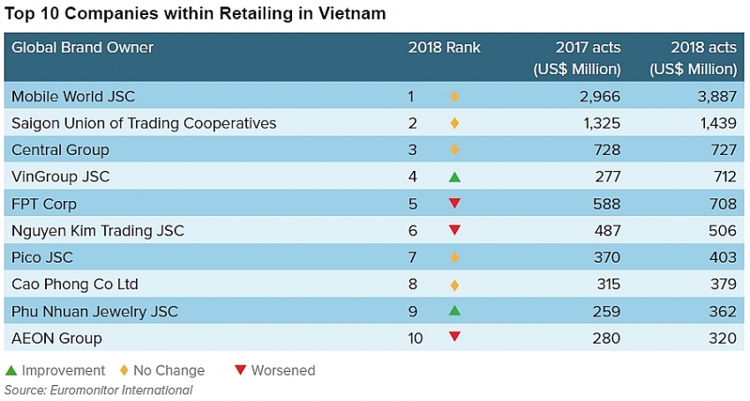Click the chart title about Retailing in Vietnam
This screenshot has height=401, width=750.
pos(195,14)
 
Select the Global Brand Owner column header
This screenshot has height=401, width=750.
pos(82,48)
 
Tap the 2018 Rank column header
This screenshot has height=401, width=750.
pos(444,48)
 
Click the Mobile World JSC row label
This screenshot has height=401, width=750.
pos(73,96)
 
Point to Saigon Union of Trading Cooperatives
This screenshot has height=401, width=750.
pos(144,123)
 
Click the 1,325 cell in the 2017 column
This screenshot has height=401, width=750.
pos(600,123)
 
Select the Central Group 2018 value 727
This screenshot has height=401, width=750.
pos(722,150)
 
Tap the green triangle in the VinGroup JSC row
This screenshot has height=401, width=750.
pos(454,177)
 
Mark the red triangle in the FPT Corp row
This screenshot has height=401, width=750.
pos(454,204)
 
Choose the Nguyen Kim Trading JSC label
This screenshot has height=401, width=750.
pos(98,231)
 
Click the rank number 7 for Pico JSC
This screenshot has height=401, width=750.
pos(410,257)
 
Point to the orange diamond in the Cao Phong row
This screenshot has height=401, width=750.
pos(454,285)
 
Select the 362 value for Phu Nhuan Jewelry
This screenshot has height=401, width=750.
pos(722,311)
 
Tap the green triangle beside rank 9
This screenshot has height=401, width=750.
pos(454,310)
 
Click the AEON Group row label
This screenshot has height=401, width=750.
pos(56,338)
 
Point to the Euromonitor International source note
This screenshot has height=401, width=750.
pos(98,390)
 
